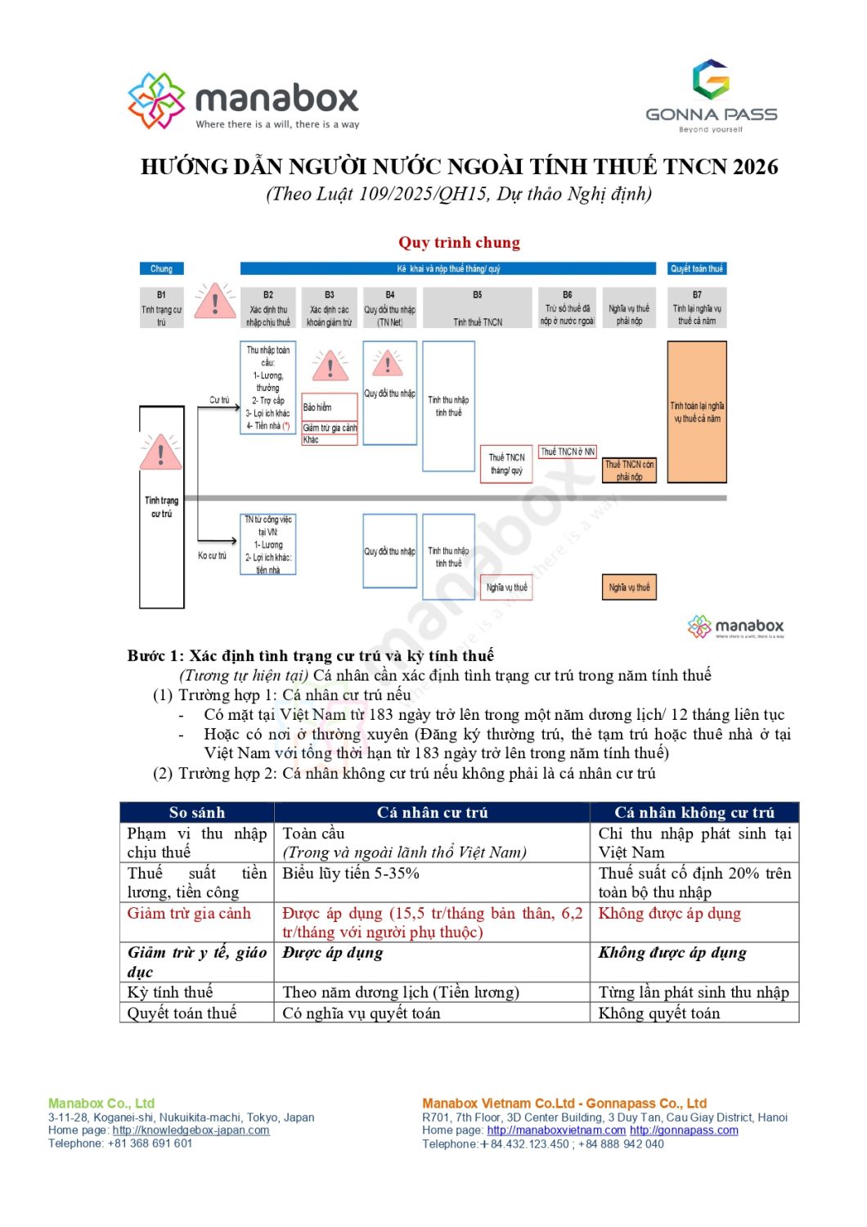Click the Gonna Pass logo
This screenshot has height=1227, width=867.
711,95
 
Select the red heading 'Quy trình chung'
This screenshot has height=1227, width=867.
459,242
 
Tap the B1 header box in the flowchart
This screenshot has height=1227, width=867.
161,308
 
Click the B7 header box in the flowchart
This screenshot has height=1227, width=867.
697,308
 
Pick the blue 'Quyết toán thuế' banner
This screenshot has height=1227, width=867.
697,268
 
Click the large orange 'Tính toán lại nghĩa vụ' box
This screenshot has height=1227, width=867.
697,411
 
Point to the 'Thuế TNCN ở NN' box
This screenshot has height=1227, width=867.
568,452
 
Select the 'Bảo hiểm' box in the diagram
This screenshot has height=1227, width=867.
330,407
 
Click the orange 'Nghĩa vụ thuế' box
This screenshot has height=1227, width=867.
629,587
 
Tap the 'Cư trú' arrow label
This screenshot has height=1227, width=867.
219,400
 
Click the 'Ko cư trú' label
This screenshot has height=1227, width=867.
212,555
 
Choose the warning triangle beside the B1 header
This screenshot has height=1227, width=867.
214,302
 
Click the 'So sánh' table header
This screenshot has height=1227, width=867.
196,812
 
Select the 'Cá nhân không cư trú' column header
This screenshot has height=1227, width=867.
694,812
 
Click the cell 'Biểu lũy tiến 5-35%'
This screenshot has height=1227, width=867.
351,873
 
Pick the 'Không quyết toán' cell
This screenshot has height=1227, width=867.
659,1013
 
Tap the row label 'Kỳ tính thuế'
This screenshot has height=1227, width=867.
170,992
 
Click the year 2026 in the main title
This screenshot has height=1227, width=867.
755,167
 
